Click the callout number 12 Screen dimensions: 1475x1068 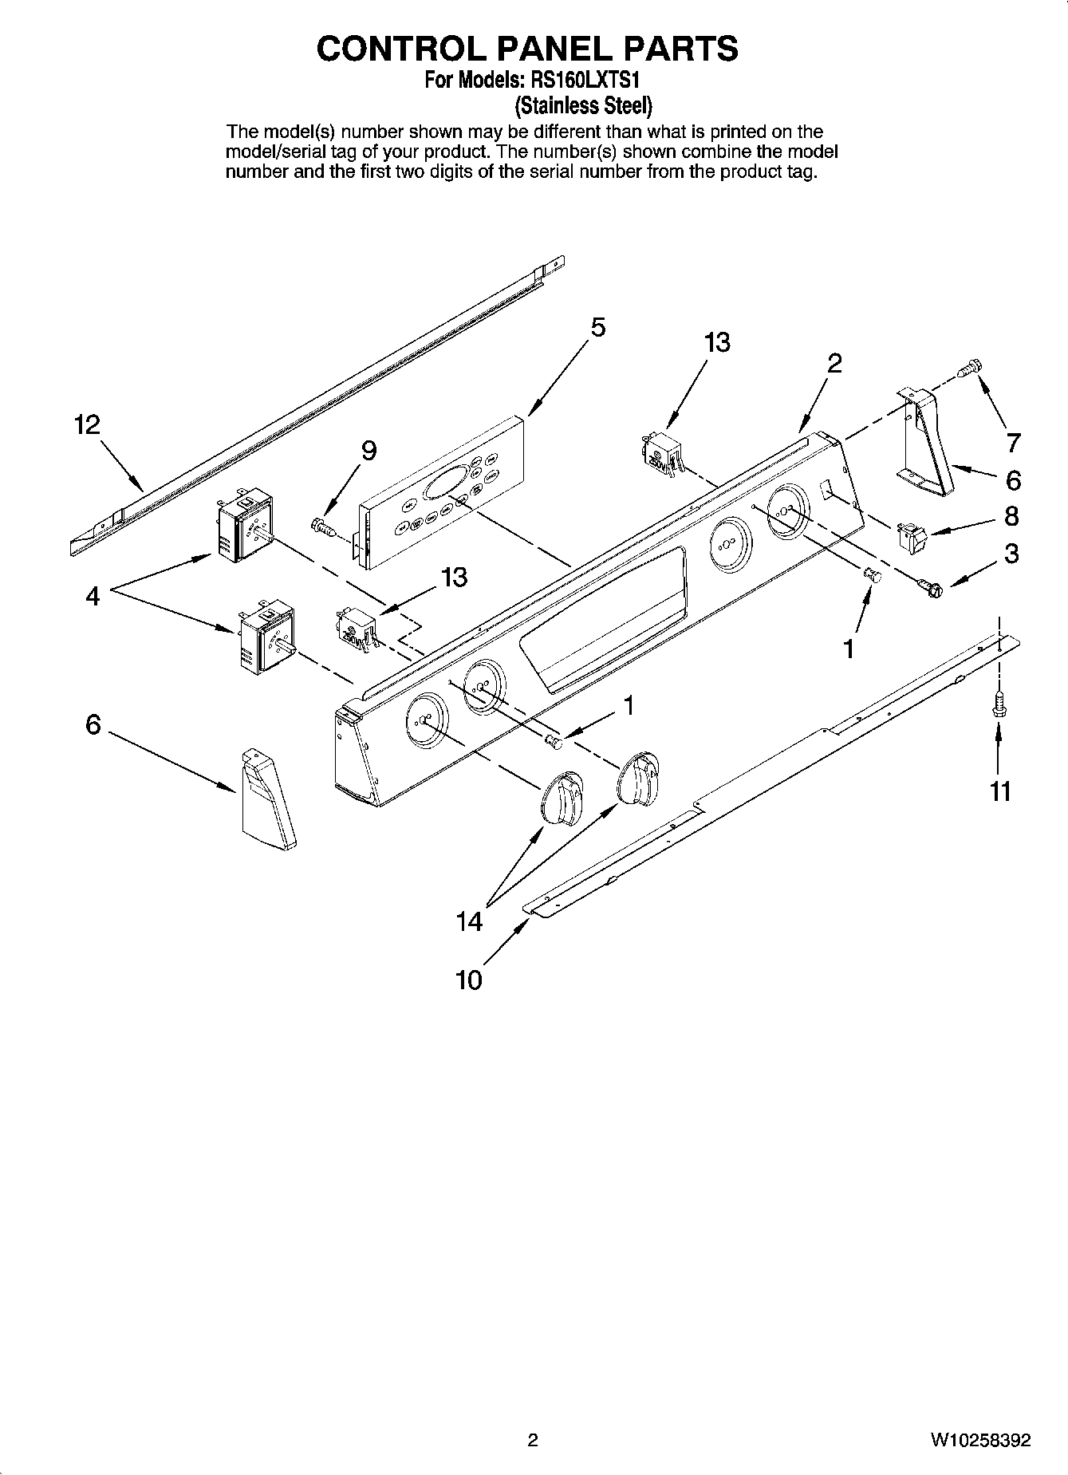[x=87, y=424]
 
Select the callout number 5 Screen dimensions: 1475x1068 [x=597, y=328]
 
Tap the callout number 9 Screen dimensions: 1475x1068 [x=368, y=452]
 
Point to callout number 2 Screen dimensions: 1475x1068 [x=834, y=364]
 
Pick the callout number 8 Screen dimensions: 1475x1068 [x=1011, y=516]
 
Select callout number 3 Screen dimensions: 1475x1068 [x=1011, y=554]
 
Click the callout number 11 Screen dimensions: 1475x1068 [x=1000, y=791]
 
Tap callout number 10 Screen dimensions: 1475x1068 [x=469, y=980]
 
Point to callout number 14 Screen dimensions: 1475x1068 [x=469, y=922]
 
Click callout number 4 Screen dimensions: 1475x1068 [x=93, y=595]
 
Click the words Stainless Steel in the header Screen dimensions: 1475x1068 [x=583, y=105]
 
